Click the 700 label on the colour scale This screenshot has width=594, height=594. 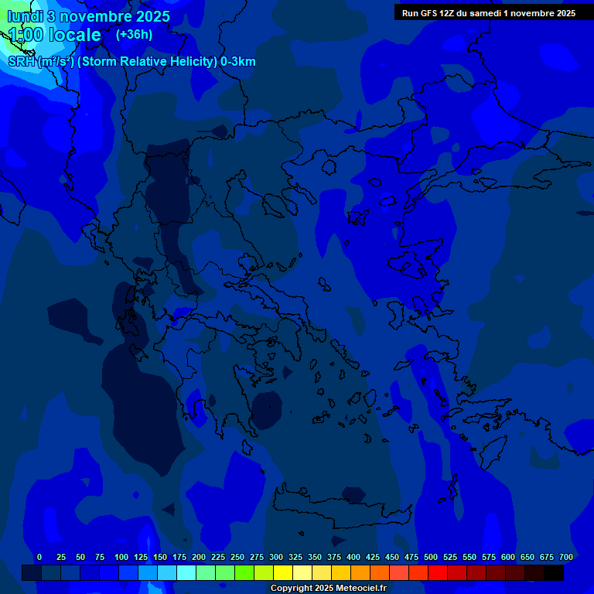pyautogui.click(x=566, y=557)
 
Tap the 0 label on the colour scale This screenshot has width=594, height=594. pyautogui.click(x=39, y=557)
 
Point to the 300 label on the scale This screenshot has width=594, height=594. pyautogui.click(x=276, y=557)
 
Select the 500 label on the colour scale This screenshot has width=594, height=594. pyautogui.click(x=431, y=557)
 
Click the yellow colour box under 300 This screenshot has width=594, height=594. pyautogui.click(x=283, y=572)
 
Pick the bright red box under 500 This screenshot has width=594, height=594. pyautogui.click(x=438, y=572)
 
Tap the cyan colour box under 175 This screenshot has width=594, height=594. pyautogui.click(x=186, y=572)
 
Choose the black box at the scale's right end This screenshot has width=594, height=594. pyautogui.click(x=554, y=572)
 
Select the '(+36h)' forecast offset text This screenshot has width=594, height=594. pyautogui.click(x=134, y=34)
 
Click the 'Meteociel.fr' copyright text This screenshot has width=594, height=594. pyautogui.click(x=357, y=588)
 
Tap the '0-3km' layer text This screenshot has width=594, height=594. pyautogui.click(x=238, y=62)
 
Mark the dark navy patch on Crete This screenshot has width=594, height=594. pyautogui.click(x=353, y=493)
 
